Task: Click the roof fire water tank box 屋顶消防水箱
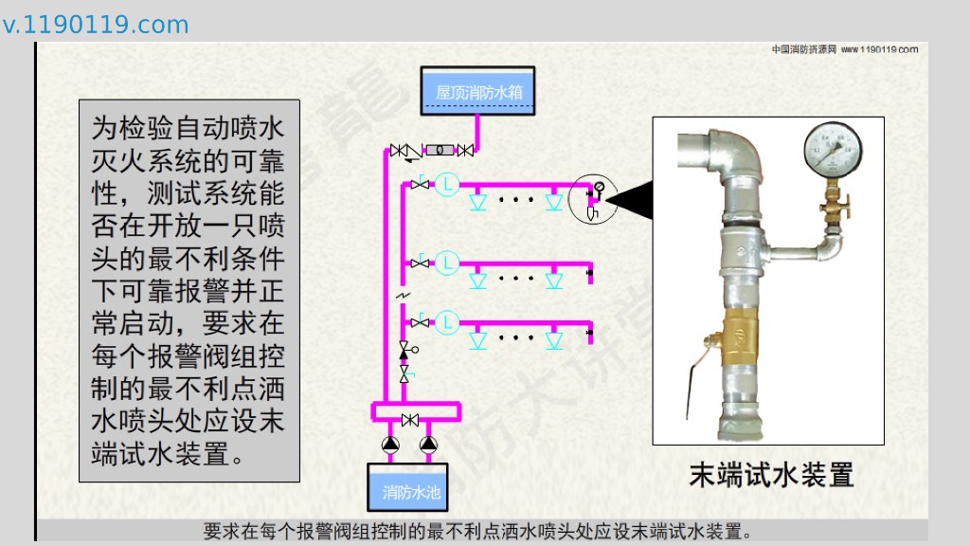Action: (477, 91)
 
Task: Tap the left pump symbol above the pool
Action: (390, 444)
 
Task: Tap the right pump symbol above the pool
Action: (429, 444)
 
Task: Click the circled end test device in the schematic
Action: (594, 198)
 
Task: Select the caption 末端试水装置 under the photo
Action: (770, 474)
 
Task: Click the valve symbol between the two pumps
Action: (410, 420)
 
